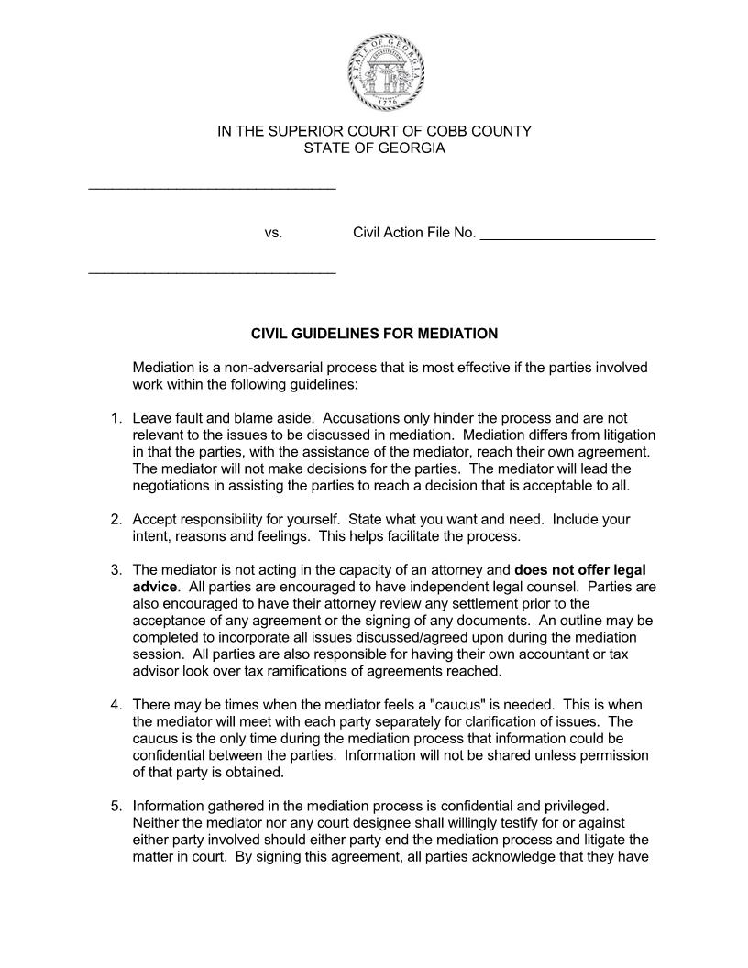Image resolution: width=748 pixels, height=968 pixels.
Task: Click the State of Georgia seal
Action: tap(385, 72)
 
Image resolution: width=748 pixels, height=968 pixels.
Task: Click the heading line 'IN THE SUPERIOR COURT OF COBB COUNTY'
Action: tap(374, 131)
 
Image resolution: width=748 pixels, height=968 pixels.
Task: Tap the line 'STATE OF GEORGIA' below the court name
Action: tap(374, 148)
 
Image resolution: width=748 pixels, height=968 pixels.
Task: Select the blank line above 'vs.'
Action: tap(212, 188)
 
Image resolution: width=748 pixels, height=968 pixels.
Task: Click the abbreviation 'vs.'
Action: tap(273, 233)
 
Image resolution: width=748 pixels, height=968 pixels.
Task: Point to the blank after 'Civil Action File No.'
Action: tap(567, 236)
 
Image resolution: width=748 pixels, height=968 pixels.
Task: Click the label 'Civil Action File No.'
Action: tap(414, 233)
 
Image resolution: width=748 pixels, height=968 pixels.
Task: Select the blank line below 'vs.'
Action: tap(212, 272)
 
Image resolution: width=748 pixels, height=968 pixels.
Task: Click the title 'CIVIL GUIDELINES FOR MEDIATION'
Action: tap(374, 334)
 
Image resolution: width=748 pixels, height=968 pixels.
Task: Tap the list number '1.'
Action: tap(116, 419)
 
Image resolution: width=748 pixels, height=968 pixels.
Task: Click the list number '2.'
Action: tap(116, 520)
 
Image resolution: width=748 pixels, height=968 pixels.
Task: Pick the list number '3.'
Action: tap(116, 570)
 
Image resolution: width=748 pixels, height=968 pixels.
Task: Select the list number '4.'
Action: tap(116, 705)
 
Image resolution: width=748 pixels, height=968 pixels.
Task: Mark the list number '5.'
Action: tap(116, 807)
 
